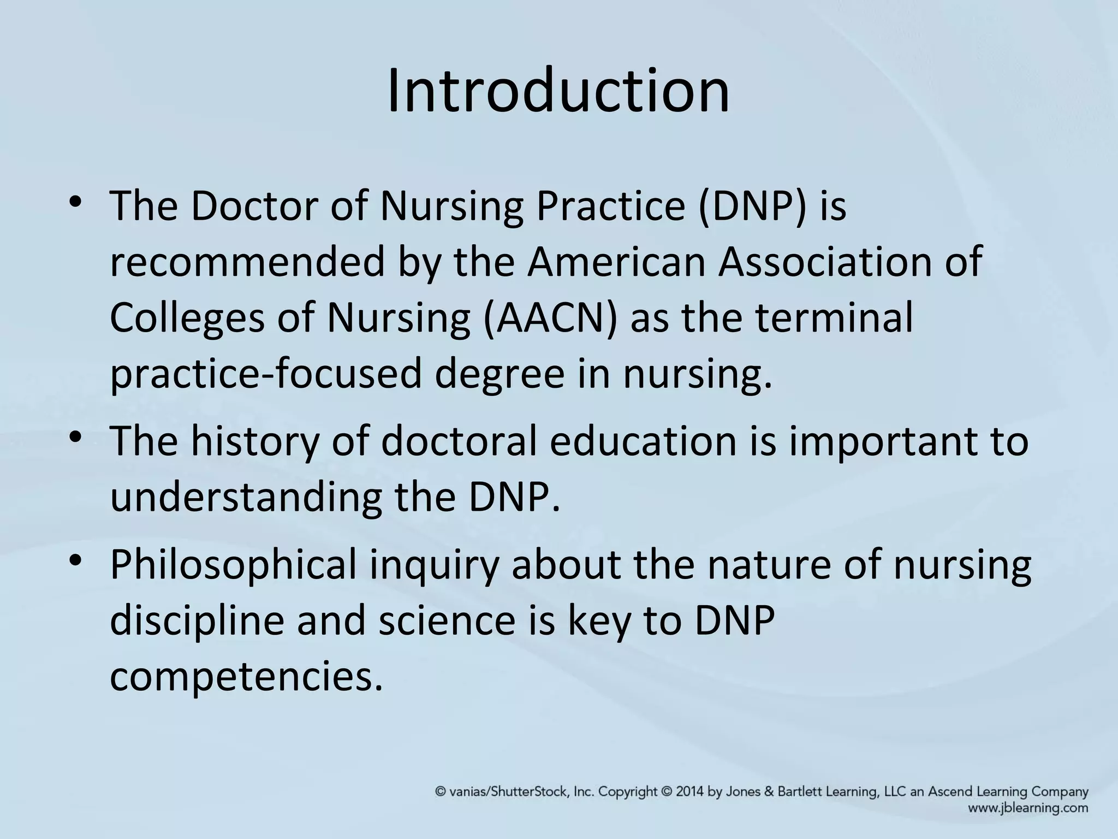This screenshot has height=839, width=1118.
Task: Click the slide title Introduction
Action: pos(558,90)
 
